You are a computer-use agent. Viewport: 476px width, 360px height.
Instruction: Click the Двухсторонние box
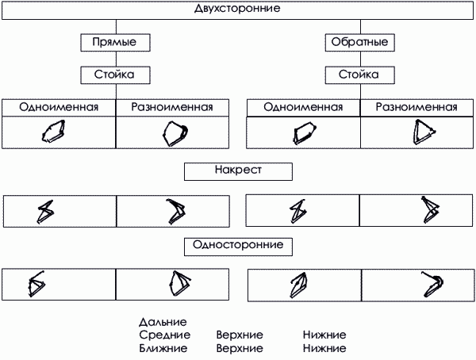pyautogui.click(x=236, y=10)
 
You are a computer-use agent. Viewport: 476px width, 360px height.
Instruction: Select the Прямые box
pyautogui.click(x=116, y=41)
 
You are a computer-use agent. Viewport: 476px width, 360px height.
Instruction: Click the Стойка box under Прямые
pyautogui.click(x=116, y=75)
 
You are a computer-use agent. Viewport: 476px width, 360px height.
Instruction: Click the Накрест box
pyautogui.click(x=238, y=170)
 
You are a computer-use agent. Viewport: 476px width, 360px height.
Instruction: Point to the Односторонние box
pyautogui.click(x=238, y=245)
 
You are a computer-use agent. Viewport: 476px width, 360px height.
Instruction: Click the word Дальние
pyautogui.click(x=162, y=323)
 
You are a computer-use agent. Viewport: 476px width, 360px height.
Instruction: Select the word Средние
pyautogui.click(x=163, y=335)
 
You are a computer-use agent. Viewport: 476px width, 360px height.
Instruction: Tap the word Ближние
pyautogui.click(x=163, y=348)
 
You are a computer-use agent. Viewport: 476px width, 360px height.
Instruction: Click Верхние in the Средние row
pyautogui.click(x=240, y=335)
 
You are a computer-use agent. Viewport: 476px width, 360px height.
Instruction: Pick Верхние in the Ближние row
pyautogui.click(x=240, y=348)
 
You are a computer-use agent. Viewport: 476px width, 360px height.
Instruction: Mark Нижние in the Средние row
pyautogui.click(x=324, y=335)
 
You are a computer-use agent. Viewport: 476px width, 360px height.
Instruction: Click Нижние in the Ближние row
pyautogui.click(x=324, y=348)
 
